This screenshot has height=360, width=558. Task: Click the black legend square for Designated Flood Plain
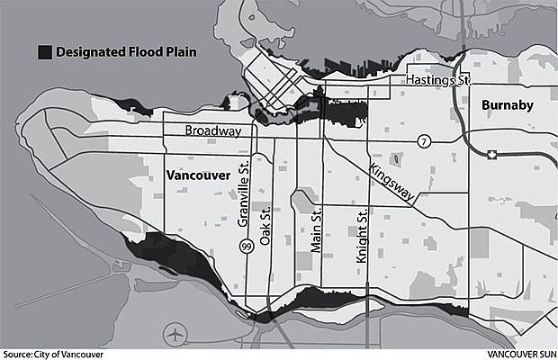[x=43, y=52]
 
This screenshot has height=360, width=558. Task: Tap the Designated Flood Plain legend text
[x=126, y=52]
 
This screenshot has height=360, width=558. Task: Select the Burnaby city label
[x=508, y=105]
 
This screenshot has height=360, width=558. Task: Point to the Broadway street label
[x=212, y=131]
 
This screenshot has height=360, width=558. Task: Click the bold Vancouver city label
[x=199, y=174]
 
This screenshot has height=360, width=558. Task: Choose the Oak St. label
[x=265, y=225]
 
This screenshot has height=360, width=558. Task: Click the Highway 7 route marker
[x=422, y=142]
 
